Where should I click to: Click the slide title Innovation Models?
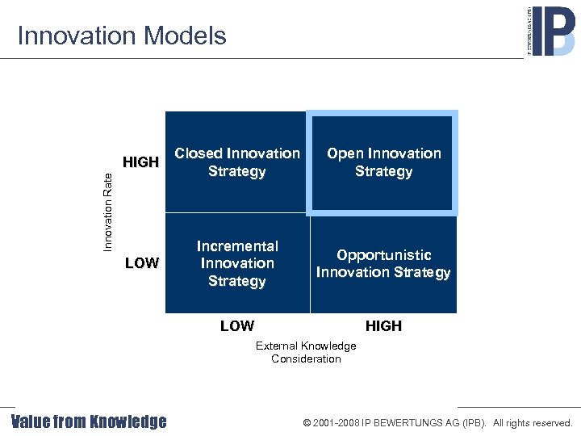122,36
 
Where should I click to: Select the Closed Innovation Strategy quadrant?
236,162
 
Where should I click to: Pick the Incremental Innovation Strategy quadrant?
236,263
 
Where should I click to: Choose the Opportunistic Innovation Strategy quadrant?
383,263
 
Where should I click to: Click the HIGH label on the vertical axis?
140,162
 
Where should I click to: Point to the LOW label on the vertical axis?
142,263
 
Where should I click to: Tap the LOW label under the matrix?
237,326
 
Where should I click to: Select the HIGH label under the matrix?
383,326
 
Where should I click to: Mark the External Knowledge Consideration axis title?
306,352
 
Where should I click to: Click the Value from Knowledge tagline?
89,421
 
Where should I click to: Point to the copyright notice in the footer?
437,422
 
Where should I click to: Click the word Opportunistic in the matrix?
384,255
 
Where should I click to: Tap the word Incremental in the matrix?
237,246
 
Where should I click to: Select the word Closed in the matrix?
199,153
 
